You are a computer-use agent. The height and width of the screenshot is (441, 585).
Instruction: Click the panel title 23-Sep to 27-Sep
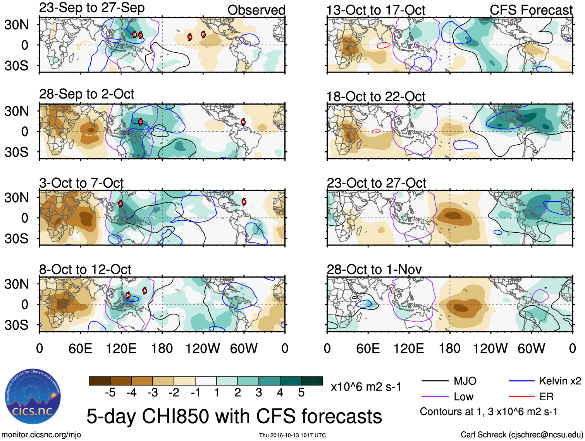coord(92,8)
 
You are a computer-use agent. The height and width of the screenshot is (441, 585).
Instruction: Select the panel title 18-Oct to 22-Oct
coord(375,97)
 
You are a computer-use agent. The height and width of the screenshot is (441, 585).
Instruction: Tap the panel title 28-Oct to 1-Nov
coord(374,269)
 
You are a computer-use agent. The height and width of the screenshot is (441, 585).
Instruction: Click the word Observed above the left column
coord(256,10)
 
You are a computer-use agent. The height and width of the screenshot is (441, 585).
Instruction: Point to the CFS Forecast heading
coord(531,10)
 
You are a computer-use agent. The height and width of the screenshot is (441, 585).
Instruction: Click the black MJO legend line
coord(435,381)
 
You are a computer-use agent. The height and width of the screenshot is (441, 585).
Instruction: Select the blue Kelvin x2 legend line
coord(521,381)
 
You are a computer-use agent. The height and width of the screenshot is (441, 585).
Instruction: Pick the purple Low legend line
coord(435,396)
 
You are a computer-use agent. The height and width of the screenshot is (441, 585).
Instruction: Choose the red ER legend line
coord(521,396)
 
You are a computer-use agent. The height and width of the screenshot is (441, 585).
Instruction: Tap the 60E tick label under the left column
coord(80,348)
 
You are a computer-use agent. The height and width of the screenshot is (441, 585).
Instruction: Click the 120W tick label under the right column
coord(490,348)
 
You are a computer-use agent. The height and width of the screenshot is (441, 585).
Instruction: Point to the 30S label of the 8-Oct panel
coord(16,325)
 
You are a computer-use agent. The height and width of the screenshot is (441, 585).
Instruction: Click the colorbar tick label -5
coord(110,393)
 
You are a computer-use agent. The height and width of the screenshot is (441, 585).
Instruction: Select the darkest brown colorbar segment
coord(99,381)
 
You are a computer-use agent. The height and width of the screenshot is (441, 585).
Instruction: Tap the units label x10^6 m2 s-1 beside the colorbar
coord(366,387)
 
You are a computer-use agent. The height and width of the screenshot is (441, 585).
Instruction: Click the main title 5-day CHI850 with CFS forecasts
coord(234,416)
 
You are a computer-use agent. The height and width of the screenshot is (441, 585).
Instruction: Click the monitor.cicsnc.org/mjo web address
coord(41,435)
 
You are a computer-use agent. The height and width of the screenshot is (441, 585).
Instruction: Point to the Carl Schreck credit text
coord(521,435)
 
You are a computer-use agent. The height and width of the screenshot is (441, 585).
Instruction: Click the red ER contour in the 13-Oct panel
coord(383,45)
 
